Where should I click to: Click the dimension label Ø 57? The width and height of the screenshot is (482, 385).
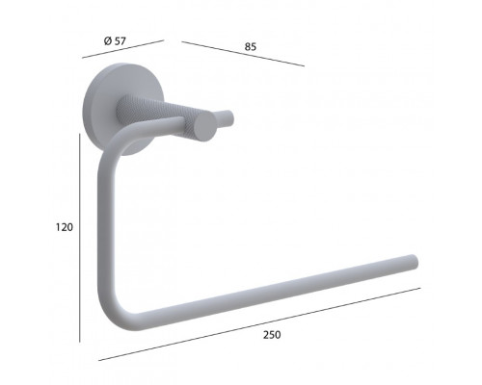coord(115,41)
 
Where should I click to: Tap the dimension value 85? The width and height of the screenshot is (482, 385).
coord(251,47)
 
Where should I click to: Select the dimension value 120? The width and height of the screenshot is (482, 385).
coord(65,227)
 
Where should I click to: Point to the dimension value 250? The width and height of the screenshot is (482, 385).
coord(272,335)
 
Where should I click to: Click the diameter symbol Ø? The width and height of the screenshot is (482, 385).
coord(108,41)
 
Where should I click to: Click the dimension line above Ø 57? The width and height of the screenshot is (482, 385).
coord(123,49)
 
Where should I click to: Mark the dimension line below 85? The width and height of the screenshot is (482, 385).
coord(243,54)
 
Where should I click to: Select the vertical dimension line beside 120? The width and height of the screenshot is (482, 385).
coord(79,238)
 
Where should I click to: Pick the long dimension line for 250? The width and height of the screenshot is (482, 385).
coord(259,324)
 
